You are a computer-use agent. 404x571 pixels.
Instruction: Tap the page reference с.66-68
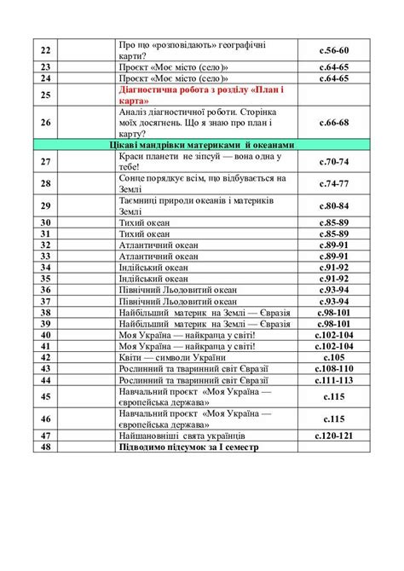click(x=333, y=122)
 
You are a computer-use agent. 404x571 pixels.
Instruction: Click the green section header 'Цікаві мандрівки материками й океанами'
click(x=202, y=145)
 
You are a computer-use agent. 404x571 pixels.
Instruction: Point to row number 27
click(x=47, y=161)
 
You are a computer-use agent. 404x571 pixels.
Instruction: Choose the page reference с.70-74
click(x=333, y=161)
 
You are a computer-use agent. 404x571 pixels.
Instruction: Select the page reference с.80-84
click(x=333, y=205)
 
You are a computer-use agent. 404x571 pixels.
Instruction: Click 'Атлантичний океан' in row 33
click(x=159, y=256)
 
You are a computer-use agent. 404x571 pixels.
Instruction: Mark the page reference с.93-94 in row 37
click(x=333, y=301)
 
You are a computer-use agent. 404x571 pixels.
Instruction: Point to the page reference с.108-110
click(x=333, y=368)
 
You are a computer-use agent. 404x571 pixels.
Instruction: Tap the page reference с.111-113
click(x=333, y=379)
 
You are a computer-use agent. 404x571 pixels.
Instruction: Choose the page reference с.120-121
click(x=333, y=435)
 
